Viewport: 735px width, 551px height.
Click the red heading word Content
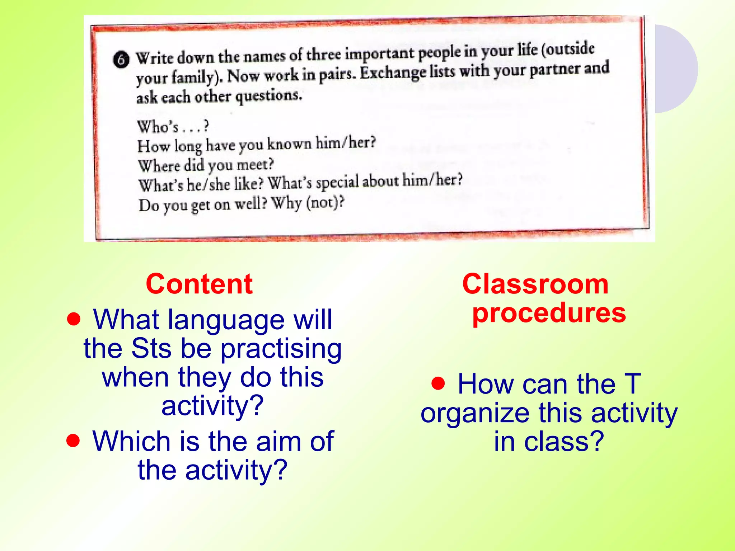click(199, 284)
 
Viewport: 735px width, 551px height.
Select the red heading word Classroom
click(535, 284)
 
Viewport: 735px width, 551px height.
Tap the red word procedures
click(549, 313)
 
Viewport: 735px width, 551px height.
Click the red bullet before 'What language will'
click(74, 319)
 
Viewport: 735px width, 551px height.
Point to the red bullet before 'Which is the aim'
click(73, 441)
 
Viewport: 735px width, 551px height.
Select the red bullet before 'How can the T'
click(438, 383)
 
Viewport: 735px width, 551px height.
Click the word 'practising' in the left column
click(281, 349)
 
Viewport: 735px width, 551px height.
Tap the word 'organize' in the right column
click(475, 414)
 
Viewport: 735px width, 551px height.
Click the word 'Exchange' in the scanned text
click(393, 73)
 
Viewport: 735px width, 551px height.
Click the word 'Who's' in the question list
click(158, 127)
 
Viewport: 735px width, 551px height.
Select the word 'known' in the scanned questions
click(289, 144)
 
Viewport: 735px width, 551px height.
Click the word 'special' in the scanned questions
click(337, 183)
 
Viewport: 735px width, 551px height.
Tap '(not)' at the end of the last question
click(324, 203)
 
